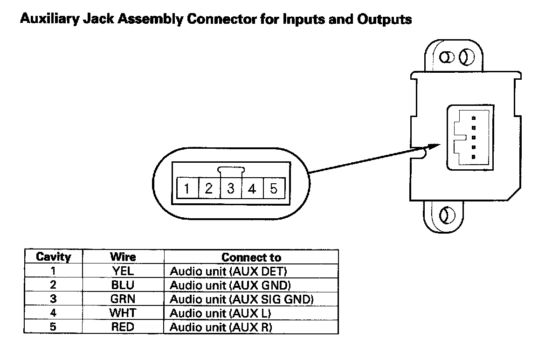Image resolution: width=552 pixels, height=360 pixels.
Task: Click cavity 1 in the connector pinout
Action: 187,189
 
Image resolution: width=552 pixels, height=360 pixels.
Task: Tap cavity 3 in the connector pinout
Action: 231,189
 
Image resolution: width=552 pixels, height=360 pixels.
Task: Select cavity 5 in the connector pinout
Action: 274,189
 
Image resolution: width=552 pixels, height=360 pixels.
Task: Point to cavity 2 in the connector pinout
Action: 209,189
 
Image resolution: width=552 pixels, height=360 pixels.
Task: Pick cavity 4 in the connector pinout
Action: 252,189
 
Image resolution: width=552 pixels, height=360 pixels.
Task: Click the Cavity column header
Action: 53,257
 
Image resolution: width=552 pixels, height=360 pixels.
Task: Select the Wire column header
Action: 123,257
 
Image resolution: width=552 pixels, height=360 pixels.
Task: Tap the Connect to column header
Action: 251,257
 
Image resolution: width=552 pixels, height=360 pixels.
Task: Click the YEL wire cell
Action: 123,271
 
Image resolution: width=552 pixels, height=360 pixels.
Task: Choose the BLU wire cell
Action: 123,285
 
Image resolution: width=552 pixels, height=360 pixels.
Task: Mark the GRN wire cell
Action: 123,299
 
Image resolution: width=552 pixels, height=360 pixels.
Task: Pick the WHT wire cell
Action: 123,313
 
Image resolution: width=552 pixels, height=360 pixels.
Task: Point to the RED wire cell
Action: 123,327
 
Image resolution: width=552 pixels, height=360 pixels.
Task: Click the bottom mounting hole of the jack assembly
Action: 445,215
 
